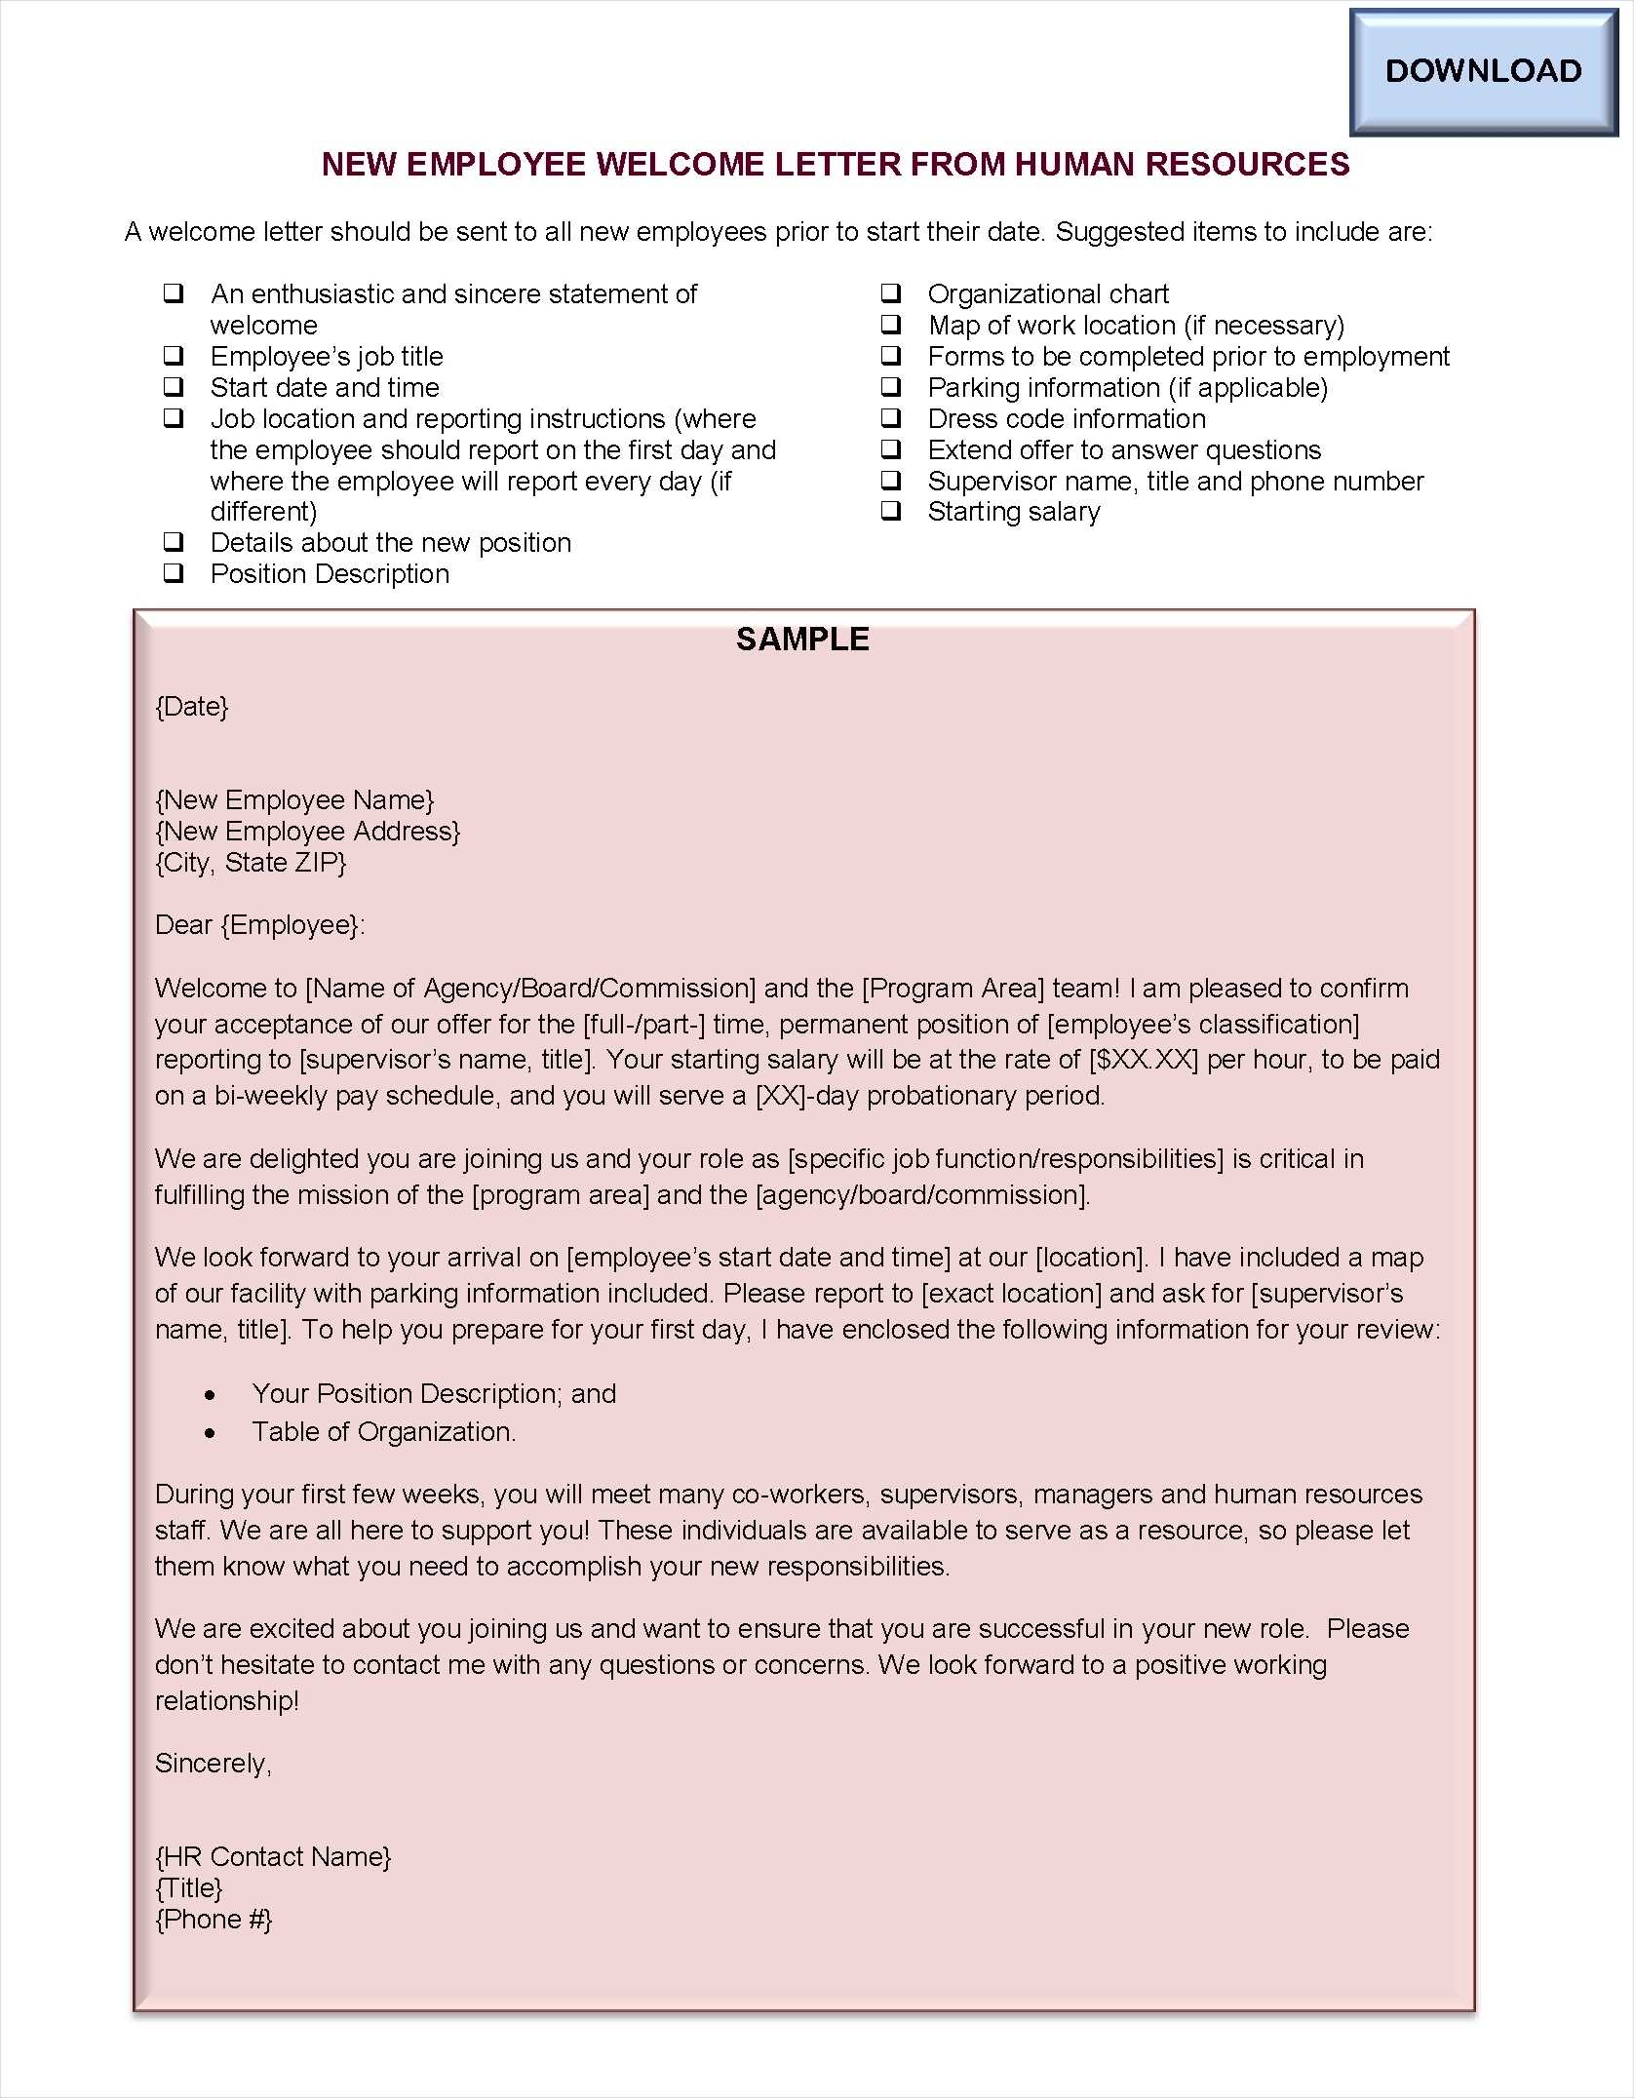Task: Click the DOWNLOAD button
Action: pos(1483,71)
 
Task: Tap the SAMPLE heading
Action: pos(802,640)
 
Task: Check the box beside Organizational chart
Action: pos(891,293)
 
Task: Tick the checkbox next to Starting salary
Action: pos(891,511)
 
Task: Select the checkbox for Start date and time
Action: pos(174,387)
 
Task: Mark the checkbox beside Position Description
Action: pos(174,573)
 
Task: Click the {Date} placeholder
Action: pos(192,707)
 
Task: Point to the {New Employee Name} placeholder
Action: pos(294,800)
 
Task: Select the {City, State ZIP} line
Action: pos(251,863)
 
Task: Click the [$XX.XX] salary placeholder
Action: pos(1144,1060)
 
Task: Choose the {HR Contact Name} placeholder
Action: pos(273,1857)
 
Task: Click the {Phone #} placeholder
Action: pos(214,1920)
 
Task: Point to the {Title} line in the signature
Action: pos(189,1888)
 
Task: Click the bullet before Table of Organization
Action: pos(211,1433)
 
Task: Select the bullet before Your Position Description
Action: pos(211,1396)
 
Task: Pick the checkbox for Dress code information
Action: pos(891,418)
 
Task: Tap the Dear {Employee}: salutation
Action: pos(260,925)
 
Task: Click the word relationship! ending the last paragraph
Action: pos(227,1701)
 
